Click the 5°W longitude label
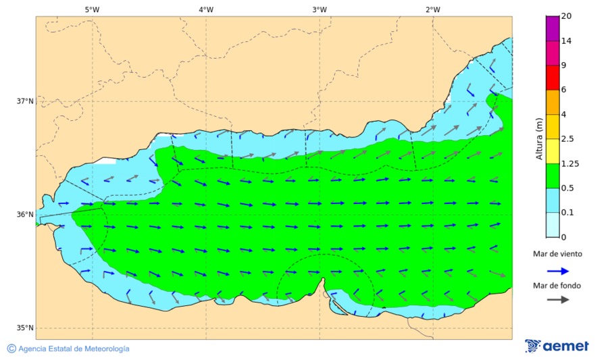(92, 9)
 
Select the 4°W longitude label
(206, 9)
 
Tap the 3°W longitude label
(320, 9)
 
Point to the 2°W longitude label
(433, 9)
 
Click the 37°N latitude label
(25, 101)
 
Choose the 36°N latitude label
(25, 215)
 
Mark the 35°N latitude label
(25, 328)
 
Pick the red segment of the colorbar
(553, 78)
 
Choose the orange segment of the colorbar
(553, 102)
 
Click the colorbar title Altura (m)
(539, 138)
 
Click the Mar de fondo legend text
(557, 285)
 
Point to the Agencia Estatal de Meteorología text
(74, 349)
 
